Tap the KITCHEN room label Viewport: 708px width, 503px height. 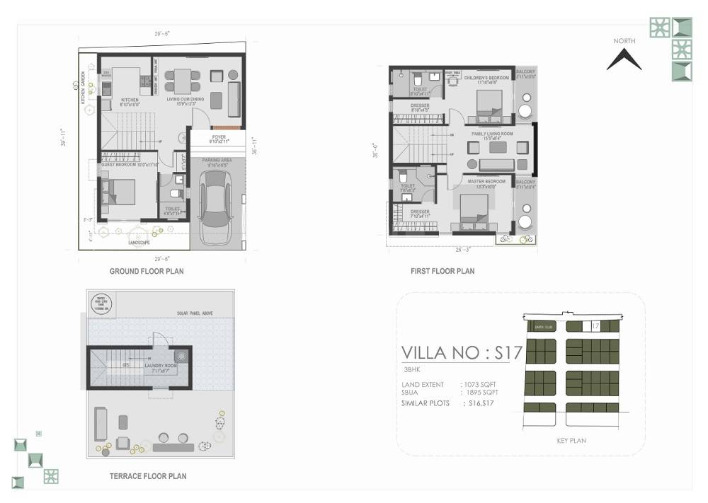pos(130,100)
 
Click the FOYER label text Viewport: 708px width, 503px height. pos(218,137)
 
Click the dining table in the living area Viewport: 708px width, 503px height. pos(180,78)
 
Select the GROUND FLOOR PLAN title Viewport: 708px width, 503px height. pos(147,272)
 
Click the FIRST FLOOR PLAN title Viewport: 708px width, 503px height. pos(442,271)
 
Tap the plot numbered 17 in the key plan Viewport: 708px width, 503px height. pos(595,326)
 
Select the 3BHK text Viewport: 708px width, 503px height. pos(410,369)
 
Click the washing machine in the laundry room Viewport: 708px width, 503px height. pos(181,357)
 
